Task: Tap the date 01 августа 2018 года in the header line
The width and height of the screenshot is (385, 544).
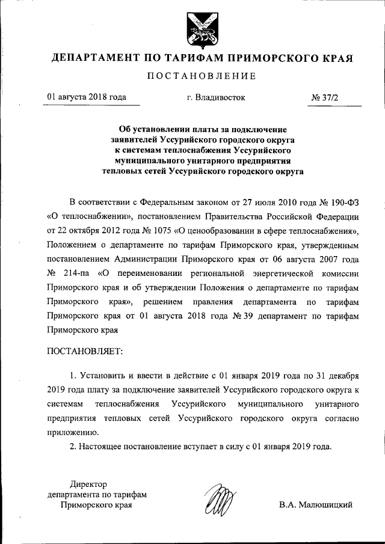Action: point(87,97)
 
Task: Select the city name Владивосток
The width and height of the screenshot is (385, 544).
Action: point(216,97)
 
